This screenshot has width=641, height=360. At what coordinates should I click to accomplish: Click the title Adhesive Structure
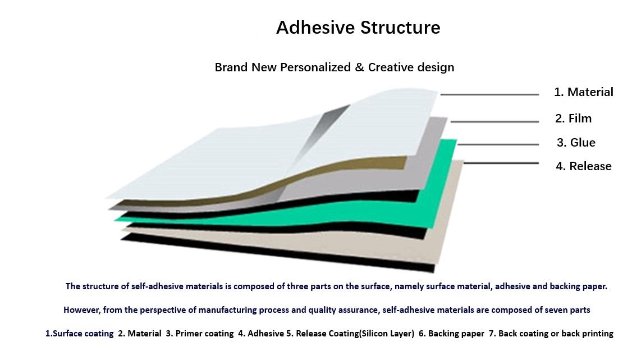358,28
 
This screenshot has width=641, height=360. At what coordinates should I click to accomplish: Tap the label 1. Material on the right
583,92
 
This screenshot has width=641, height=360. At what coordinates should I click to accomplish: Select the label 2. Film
573,119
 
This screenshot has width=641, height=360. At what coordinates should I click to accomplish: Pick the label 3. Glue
576,142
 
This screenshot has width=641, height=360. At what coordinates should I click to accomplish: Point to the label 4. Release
583,166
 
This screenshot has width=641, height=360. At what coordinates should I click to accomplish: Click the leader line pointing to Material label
489,94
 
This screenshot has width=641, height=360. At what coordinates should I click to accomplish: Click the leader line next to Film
495,121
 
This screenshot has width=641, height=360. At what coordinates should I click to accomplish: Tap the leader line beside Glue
498,144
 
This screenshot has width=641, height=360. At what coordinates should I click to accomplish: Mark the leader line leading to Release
501,163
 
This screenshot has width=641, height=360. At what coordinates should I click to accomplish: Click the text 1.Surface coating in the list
79,334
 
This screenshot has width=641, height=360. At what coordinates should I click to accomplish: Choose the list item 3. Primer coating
199,334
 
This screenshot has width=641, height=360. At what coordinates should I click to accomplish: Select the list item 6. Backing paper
451,334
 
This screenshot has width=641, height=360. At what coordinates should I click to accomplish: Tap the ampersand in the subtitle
359,67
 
